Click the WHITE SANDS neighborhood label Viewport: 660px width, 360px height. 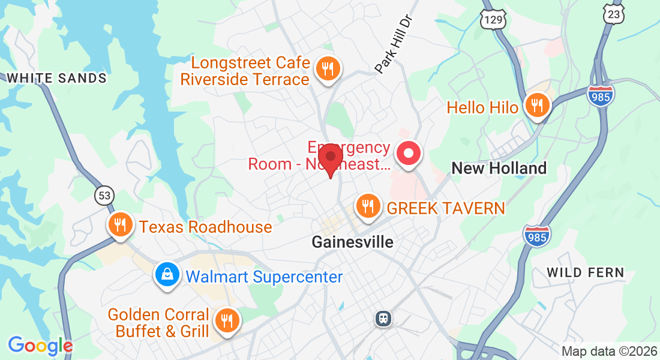(56, 78)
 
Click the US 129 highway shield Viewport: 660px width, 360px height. (493, 19)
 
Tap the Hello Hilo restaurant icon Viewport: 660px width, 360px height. (537, 106)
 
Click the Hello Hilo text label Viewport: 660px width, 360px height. (482, 107)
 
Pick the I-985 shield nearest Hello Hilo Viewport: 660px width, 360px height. (601, 96)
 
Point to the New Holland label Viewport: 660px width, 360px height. (499, 168)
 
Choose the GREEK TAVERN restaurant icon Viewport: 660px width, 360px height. (367, 206)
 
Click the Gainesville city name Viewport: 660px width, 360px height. (353, 242)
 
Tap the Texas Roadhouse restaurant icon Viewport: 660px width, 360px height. (121, 225)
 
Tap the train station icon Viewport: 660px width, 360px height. (382, 318)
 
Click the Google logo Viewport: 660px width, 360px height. (40, 346)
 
